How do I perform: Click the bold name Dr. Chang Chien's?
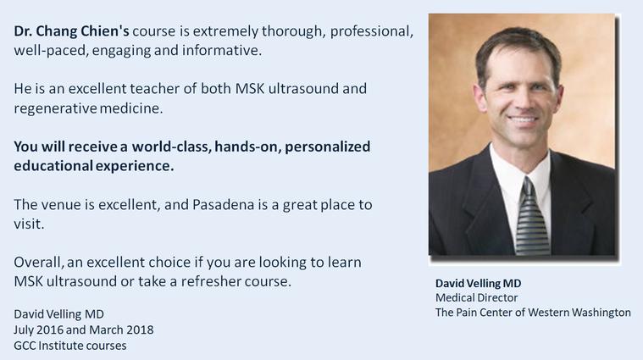click(x=71, y=31)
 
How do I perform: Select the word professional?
click(x=372, y=31)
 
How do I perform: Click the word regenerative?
click(x=55, y=108)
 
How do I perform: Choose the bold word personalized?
click(x=327, y=147)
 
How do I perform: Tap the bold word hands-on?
click(x=247, y=147)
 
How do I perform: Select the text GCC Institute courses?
click(x=70, y=346)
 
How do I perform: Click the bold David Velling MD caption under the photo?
click(x=478, y=283)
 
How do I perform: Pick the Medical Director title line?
click(x=476, y=297)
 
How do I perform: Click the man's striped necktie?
click(x=532, y=217)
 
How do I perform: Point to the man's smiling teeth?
click(x=523, y=120)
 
